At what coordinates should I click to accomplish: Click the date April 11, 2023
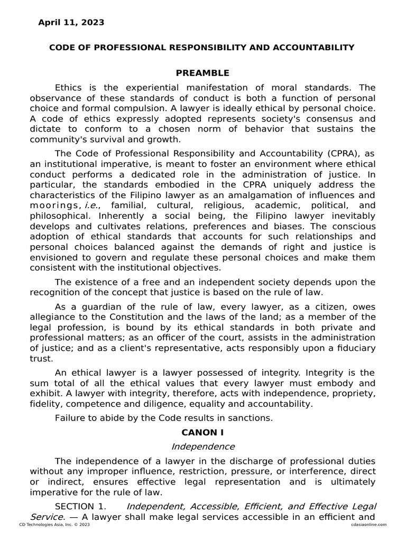[x=71, y=23]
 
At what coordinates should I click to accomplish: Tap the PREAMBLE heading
[x=202, y=73]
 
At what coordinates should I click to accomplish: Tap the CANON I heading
[x=202, y=432]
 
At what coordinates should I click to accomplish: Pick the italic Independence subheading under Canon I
[x=202, y=446]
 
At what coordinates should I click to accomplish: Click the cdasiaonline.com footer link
[x=368, y=525]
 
